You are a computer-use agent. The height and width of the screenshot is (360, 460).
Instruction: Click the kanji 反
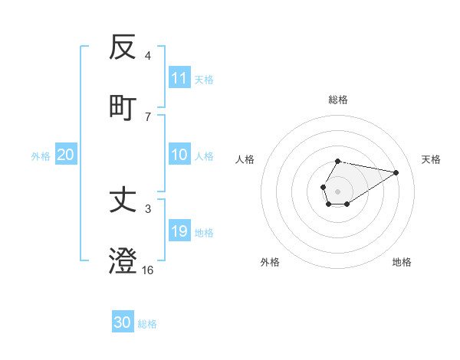click(x=123, y=48)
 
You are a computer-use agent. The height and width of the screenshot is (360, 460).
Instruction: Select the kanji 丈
click(x=123, y=201)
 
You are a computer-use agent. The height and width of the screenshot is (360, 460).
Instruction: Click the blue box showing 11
click(x=179, y=78)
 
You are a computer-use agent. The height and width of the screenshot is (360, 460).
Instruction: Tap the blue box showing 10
click(x=179, y=155)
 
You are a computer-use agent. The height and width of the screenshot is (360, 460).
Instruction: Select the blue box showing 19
click(x=179, y=231)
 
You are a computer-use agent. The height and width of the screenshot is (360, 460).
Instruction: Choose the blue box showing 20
click(x=66, y=155)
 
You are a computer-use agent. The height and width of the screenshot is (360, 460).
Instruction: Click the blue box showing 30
click(x=123, y=322)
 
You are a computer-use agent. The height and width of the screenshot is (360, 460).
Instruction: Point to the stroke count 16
click(x=148, y=270)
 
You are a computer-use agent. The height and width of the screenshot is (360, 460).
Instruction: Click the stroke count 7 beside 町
click(x=148, y=117)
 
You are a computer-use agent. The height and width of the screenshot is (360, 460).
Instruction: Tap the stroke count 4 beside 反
click(x=148, y=56)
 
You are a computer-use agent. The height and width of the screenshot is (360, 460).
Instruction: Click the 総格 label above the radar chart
click(x=338, y=100)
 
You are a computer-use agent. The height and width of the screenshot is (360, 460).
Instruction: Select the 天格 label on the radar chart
click(x=431, y=159)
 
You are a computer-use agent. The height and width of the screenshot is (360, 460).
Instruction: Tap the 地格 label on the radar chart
click(x=402, y=262)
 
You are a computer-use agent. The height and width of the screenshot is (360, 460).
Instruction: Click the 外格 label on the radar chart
click(x=270, y=262)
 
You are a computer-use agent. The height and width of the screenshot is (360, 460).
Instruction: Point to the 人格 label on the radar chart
click(x=245, y=159)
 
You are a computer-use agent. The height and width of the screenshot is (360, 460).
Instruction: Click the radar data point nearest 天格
click(x=396, y=172)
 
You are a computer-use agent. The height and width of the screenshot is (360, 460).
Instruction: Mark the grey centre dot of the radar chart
click(x=337, y=190)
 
